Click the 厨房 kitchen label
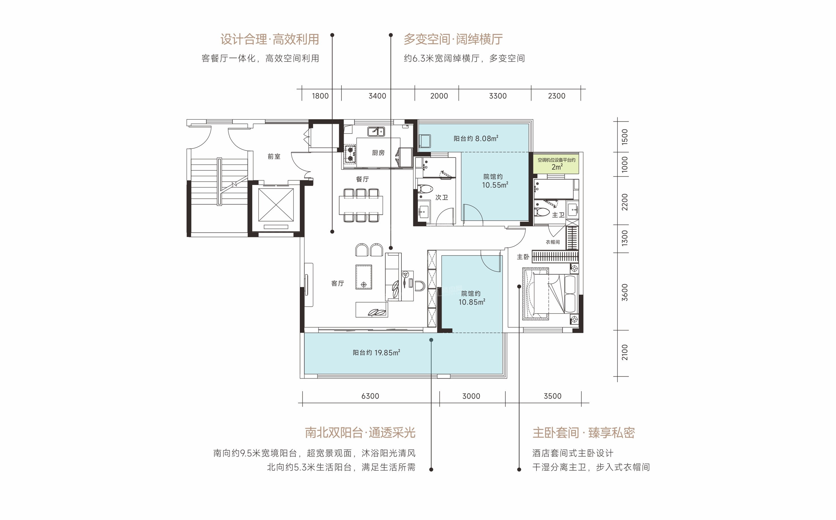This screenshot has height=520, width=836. (x=378, y=153)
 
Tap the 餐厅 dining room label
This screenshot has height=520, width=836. (x=362, y=179)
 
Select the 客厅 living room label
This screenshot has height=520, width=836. (x=337, y=283)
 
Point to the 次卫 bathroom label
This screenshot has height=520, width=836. (x=442, y=197)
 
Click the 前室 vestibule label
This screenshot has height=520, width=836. (x=274, y=156)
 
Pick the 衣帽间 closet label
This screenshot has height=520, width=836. (x=553, y=242)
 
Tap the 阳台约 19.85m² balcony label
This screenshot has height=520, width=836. (x=376, y=353)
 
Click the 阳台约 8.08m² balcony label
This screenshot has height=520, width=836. (x=476, y=138)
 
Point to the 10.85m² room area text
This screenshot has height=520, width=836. (x=472, y=302)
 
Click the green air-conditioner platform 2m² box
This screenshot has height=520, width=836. (x=556, y=163)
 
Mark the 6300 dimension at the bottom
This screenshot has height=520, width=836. (x=370, y=396)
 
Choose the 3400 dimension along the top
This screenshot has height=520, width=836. (x=377, y=96)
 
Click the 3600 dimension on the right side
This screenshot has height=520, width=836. (x=625, y=292)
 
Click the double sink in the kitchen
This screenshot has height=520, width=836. (x=376, y=131)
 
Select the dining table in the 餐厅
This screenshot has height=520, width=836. (x=361, y=205)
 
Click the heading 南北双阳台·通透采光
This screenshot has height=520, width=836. (x=360, y=433)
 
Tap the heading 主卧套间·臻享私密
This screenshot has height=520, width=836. (x=583, y=433)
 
